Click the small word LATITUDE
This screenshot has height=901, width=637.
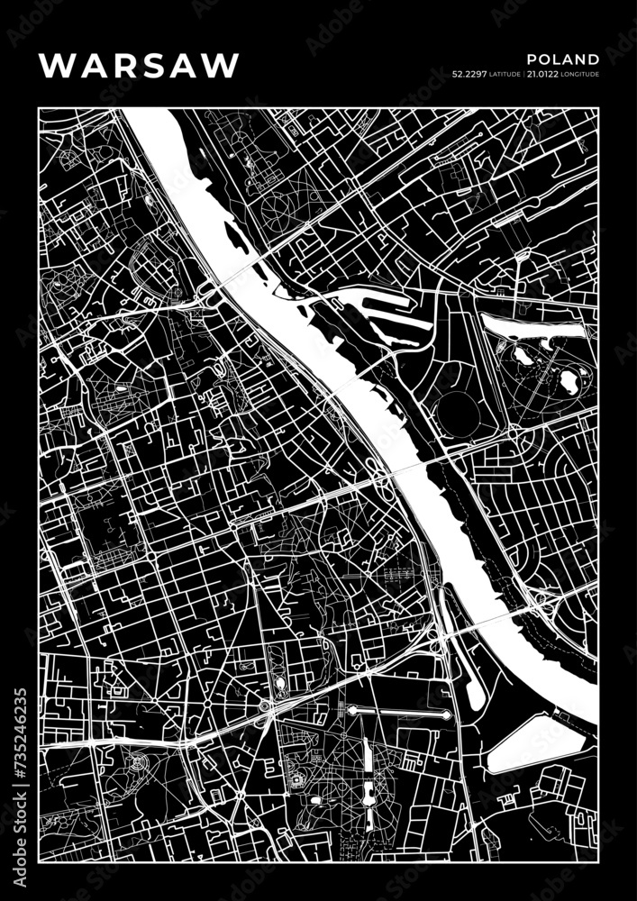[505, 76]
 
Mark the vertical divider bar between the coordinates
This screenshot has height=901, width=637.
[523, 75]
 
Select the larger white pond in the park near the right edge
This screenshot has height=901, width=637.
[569, 382]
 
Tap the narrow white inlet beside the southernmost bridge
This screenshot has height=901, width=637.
[471, 676]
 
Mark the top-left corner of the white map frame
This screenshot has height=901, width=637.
[39, 108]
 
